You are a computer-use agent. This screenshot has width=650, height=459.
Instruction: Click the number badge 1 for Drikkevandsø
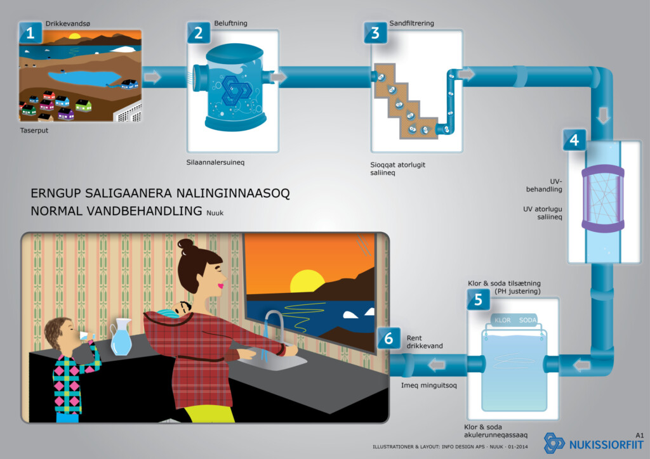pyautogui.click(x=30, y=33)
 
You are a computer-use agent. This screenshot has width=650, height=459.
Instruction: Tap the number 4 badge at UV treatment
pyautogui.click(x=574, y=139)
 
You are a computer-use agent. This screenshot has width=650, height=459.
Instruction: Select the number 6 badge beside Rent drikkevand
pyautogui.click(x=388, y=339)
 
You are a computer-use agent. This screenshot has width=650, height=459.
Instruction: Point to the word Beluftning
pyautogui.click(x=230, y=23)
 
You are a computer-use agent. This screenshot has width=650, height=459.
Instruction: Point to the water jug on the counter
pyautogui.click(x=121, y=337)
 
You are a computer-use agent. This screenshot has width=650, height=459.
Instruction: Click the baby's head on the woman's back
pyautogui.click(x=184, y=308)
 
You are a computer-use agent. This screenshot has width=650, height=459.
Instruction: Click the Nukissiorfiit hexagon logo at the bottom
pyautogui.click(x=554, y=442)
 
